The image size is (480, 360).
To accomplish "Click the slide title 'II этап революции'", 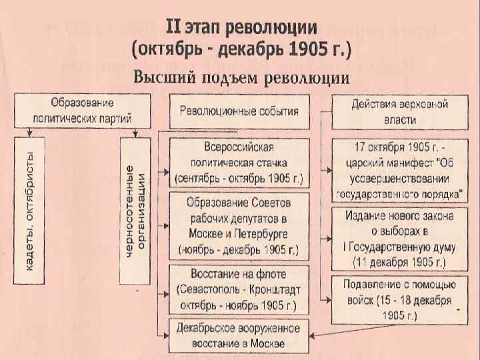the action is click(241, 29).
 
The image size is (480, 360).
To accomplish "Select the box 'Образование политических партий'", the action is click(82, 111).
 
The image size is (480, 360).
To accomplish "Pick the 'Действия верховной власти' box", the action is click(400, 111).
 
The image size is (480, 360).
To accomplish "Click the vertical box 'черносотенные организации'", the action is click(137, 211).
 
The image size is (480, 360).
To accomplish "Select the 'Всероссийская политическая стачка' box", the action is click(239, 163).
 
